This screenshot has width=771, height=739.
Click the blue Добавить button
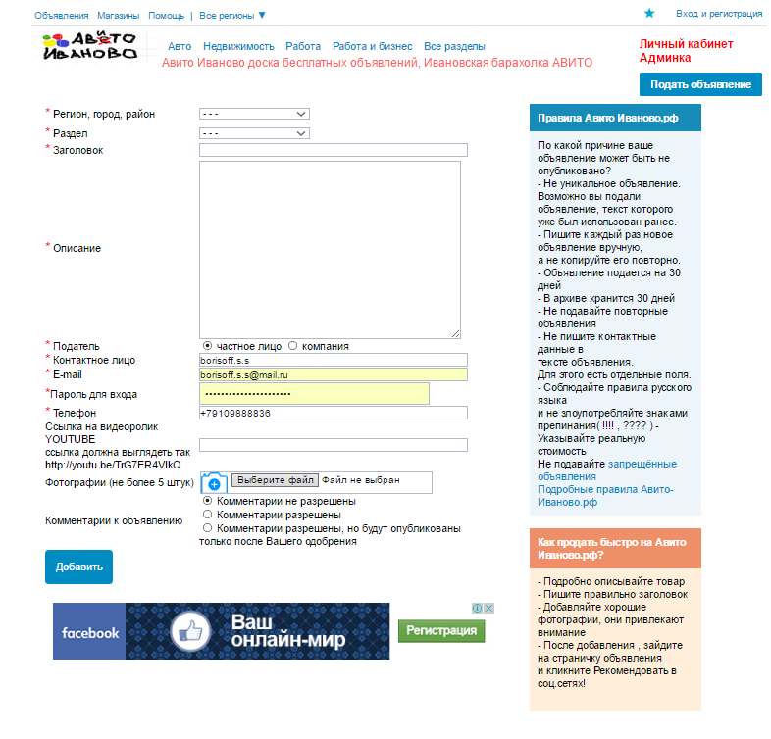(x=78, y=567)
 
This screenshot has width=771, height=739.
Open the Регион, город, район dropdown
(x=254, y=114)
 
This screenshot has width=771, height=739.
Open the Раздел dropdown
(x=254, y=132)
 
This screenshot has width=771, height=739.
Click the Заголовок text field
(x=333, y=150)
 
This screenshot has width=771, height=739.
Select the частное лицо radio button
(x=207, y=346)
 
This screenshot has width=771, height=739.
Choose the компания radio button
(x=292, y=346)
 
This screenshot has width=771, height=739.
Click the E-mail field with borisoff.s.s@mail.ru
(x=333, y=374)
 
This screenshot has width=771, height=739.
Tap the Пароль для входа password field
(x=314, y=393)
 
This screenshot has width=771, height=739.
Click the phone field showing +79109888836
(x=333, y=413)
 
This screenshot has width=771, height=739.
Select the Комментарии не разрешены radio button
(x=207, y=501)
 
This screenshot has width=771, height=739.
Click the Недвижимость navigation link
(x=238, y=47)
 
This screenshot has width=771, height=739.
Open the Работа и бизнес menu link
(x=372, y=47)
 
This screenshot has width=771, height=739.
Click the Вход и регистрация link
(x=719, y=14)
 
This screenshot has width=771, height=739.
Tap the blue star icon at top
(x=649, y=14)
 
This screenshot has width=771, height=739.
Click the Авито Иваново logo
(x=89, y=46)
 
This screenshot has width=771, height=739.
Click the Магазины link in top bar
(x=118, y=16)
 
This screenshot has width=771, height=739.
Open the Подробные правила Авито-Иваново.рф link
(x=605, y=495)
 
